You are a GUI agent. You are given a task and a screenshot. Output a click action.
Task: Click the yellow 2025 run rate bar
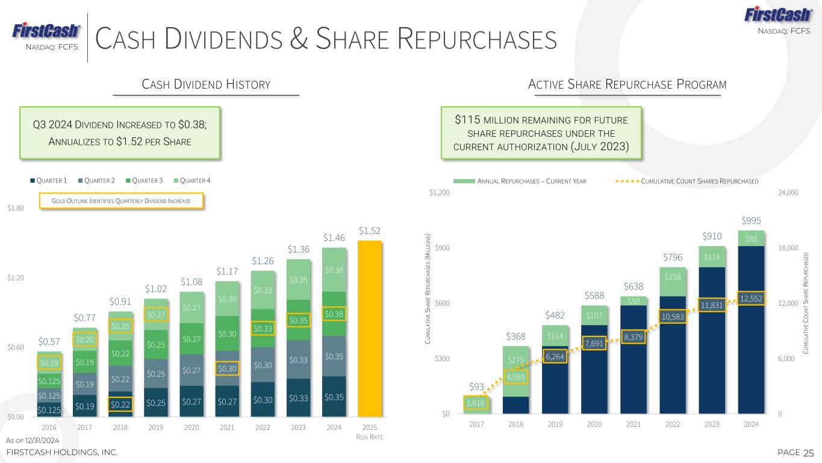coord(370,329)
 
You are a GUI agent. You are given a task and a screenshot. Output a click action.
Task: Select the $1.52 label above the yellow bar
coord(370,231)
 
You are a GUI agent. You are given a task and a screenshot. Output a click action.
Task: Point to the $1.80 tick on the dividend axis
coord(16,208)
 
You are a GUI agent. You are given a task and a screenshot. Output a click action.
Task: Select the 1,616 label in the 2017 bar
coord(476,403)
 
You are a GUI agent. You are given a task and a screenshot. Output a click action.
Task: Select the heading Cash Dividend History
coord(206,84)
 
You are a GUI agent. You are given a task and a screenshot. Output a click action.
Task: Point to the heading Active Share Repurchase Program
coord(627,84)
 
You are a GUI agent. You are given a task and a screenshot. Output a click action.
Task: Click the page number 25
coord(808,452)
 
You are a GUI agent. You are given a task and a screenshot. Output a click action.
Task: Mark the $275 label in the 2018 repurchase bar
coord(515,361)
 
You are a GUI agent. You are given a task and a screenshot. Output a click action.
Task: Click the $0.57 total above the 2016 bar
coord(49,342)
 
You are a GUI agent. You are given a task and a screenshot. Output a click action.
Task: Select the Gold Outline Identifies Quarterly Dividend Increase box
coord(122,201)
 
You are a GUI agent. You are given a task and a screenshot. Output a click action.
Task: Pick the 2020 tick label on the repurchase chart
coord(594,424)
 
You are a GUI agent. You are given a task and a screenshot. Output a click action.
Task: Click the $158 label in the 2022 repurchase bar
coord(672,277)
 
